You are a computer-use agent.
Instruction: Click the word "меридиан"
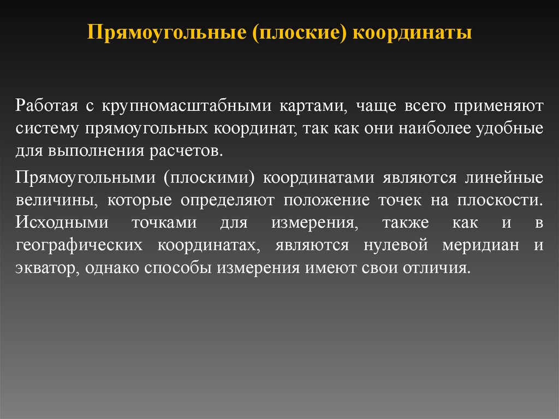480,246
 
